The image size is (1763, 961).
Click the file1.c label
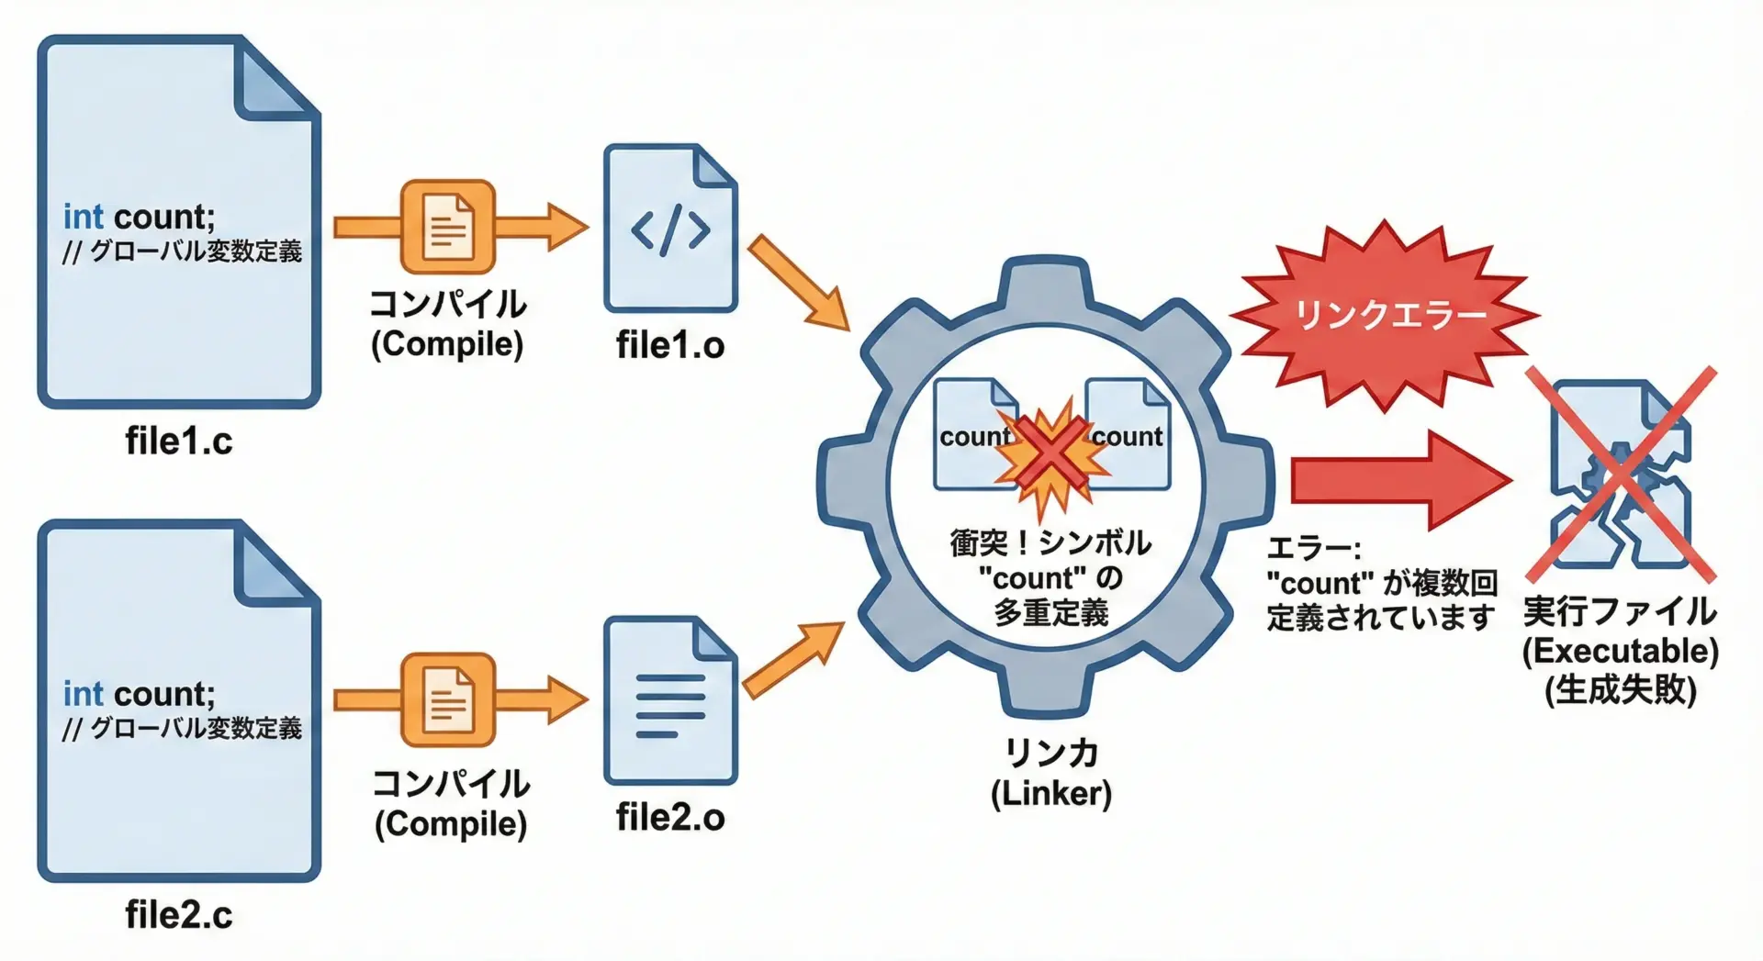click(179, 441)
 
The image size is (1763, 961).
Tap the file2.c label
click(179, 915)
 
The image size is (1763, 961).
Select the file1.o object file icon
click(670, 229)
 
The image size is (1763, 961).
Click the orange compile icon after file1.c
click(448, 227)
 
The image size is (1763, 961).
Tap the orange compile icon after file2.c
click(448, 699)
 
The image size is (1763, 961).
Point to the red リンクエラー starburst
click(1387, 315)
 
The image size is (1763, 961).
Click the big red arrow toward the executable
click(1396, 480)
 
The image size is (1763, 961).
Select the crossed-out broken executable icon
click(1620, 475)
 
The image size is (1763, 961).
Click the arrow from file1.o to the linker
click(797, 281)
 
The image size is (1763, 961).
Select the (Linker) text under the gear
click(1051, 793)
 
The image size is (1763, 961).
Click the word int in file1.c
click(83, 218)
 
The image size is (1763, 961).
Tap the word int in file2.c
click(83, 694)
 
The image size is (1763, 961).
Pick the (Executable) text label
click(1620, 651)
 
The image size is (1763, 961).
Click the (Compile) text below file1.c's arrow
click(447, 344)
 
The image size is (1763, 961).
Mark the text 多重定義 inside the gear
click(1051, 612)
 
